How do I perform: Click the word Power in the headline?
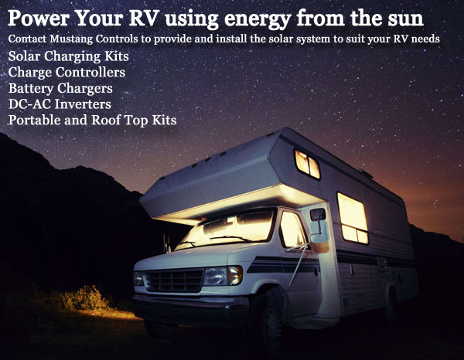[x=39, y=18]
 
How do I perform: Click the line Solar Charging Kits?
[x=69, y=56]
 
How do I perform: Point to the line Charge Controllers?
[x=67, y=72]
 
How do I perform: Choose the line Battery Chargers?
[x=60, y=88]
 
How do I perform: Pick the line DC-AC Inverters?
[x=60, y=104]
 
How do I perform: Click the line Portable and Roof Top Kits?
[x=92, y=120]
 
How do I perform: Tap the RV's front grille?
[x=173, y=280]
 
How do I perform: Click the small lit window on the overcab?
[x=308, y=165]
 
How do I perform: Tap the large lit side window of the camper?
[x=353, y=218]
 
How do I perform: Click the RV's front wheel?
[x=268, y=321]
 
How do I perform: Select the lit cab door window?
[x=292, y=229]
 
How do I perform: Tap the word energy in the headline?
[x=258, y=19]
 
